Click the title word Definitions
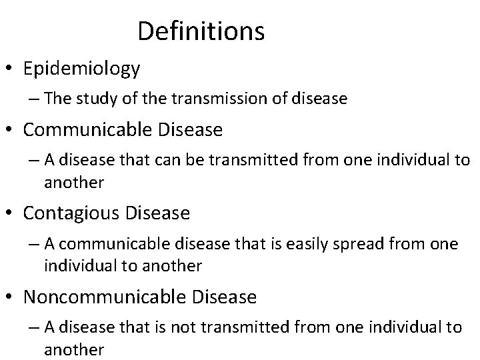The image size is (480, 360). point(201,31)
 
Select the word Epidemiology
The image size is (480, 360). point(81,68)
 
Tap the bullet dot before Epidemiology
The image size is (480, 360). point(11,69)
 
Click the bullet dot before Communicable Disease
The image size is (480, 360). point(11,130)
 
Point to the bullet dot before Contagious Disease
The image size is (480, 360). point(11,214)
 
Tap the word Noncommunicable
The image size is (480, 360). point(107,297)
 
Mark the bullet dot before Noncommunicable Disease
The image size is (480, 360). point(11,297)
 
